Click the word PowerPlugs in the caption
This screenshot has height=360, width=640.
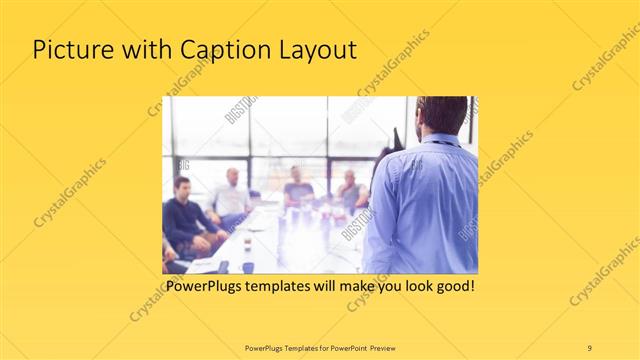pyautogui.click(x=203, y=286)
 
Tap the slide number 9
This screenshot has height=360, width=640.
pyautogui.click(x=589, y=347)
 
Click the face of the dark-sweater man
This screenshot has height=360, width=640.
pyautogui.click(x=182, y=188)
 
